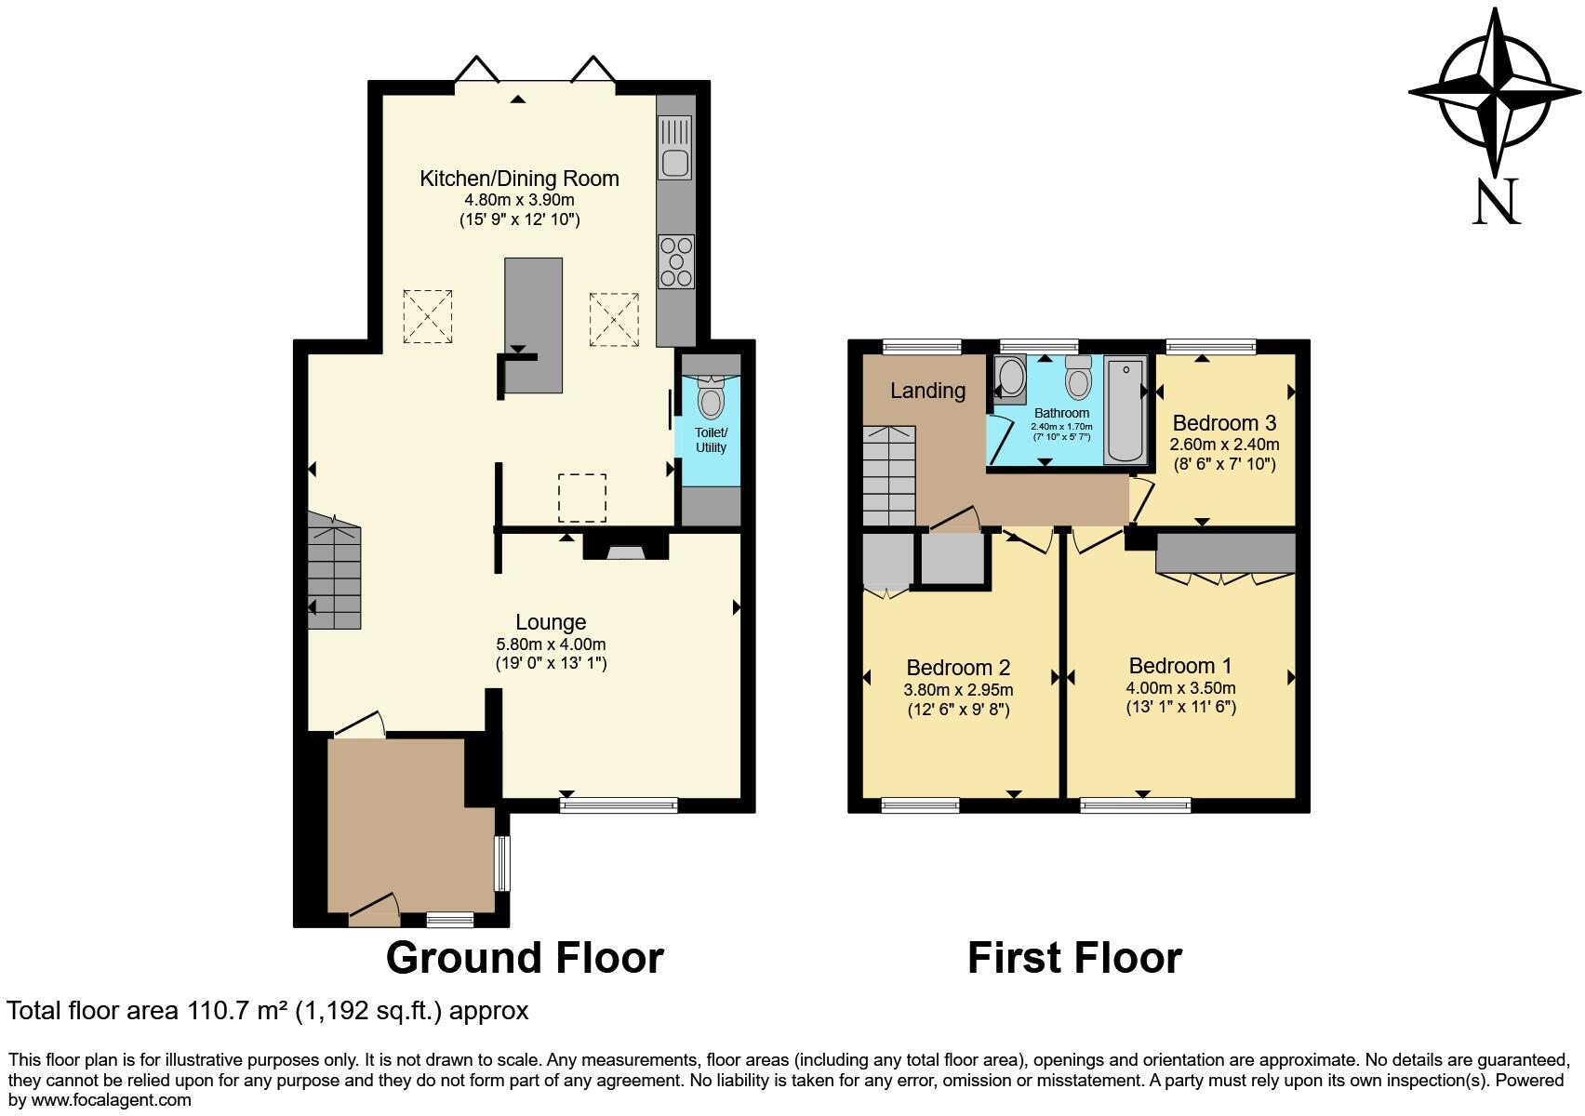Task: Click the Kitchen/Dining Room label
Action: pyautogui.click(x=519, y=179)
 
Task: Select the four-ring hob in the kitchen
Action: pyautogui.click(x=676, y=261)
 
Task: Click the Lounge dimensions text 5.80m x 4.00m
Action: pyautogui.click(x=551, y=644)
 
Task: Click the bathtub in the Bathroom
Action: pyautogui.click(x=1125, y=410)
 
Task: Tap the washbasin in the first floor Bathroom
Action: pyautogui.click(x=1006, y=379)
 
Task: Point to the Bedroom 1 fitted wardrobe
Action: pyautogui.click(x=1226, y=553)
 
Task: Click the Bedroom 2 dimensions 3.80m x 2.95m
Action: pyautogui.click(x=958, y=690)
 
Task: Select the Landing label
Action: pyautogui.click(x=927, y=391)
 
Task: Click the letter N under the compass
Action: pyautogui.click(x=1496, y=202)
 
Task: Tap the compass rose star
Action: pyautogui.click(x=1495, y=92)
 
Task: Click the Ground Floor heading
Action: pyautogui.click(x=525, y=958)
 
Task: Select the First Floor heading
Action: pyautogui.click(x=1074, y=958)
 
